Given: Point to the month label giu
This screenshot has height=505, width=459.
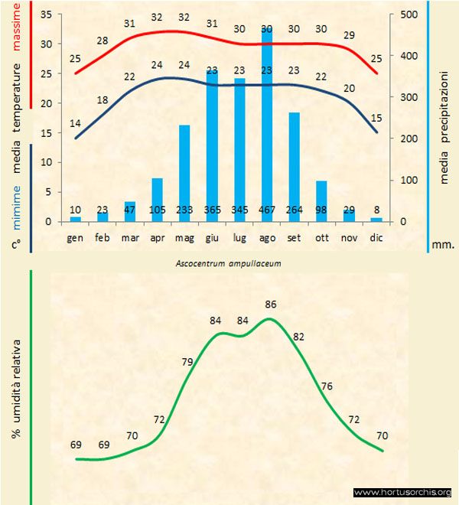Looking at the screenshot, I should [212, 238].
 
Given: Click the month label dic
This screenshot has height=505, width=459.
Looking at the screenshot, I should [376, 238].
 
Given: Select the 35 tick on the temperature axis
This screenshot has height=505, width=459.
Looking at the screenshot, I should [45, 15].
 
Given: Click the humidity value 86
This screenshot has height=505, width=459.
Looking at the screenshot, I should [270, 304].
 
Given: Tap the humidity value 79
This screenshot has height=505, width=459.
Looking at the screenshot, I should [187, 361].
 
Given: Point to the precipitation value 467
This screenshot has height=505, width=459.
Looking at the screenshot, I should [266, 210].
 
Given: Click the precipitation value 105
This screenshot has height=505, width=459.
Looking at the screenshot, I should [157, 210].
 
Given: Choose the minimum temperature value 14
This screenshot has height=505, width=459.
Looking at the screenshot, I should [75, 123].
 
